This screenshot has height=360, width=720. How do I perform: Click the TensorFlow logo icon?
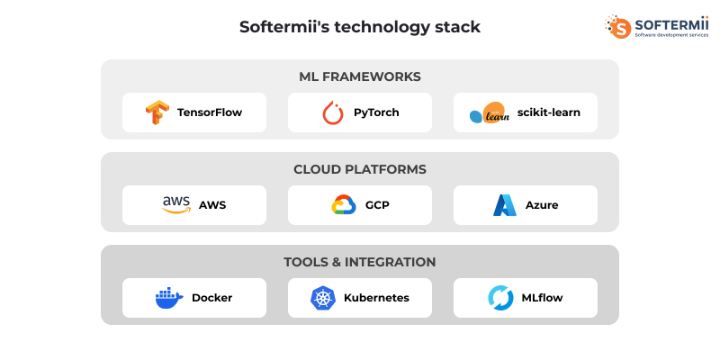click(157, 112)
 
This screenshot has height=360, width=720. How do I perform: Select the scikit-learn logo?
click(490, 113)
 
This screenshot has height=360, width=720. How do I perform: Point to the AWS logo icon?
click(176, 204)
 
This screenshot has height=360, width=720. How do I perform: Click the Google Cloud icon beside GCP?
click(344, 205)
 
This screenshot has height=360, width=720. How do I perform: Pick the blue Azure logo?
click(504, 205)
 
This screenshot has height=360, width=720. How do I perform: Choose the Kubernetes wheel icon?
click(322, 298)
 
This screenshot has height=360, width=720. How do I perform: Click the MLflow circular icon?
click(500, 298)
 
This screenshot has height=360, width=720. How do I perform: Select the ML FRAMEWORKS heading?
click(360, 76)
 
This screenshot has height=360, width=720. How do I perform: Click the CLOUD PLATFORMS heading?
click(360, 169)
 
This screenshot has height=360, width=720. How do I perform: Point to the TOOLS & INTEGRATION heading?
click(360, 262)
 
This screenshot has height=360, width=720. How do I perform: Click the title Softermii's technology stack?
click(360, 27)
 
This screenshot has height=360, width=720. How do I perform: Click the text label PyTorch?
click(376, 112)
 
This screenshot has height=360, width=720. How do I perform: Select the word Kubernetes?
click(376, 298)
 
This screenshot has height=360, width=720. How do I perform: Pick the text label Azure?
click(542, 205)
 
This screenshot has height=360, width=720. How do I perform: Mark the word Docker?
click(211, 298)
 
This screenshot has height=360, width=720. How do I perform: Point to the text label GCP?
click(377, 205)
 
